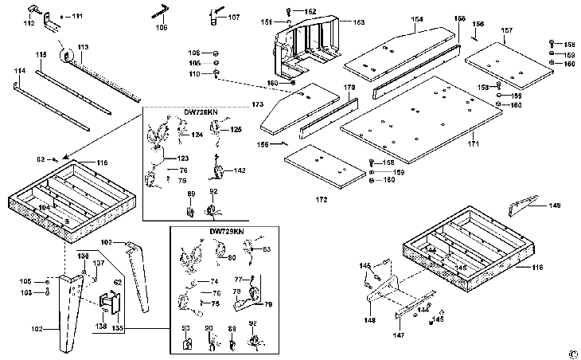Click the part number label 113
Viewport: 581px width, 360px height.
click(82, 48)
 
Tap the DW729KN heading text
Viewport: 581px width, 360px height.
click(226, 231)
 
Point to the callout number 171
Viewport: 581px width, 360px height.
click(473, 143)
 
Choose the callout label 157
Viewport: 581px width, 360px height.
click(506, 30)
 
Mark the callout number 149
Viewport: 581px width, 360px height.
click(554, 205)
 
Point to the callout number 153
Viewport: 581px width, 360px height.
click(337, 22)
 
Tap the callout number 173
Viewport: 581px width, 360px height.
click(256, 104)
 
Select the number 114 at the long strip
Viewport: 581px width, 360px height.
click(20, 72)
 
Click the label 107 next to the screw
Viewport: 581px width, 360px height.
click(232, 17)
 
